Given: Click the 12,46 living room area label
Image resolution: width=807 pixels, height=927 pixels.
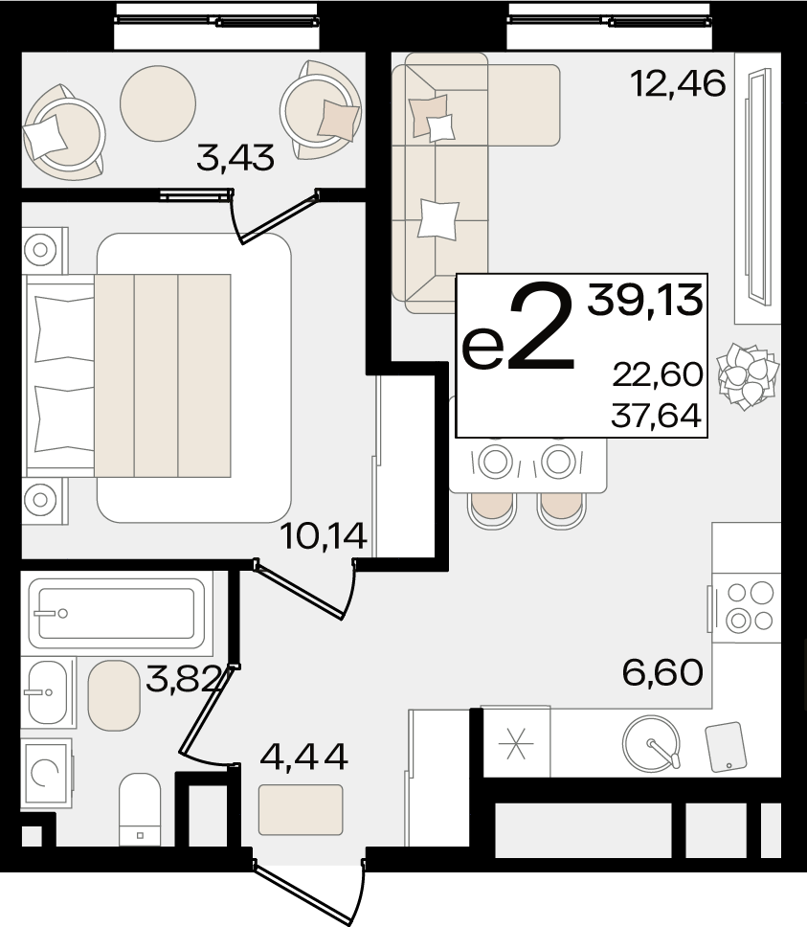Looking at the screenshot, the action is [x=678, y=83].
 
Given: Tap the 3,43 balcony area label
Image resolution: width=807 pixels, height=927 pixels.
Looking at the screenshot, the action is [x=235, y=158].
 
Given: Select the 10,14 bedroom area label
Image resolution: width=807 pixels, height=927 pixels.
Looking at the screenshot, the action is [x=325, y=536].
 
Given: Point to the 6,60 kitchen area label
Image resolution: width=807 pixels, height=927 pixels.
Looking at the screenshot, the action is [x=662, y=672].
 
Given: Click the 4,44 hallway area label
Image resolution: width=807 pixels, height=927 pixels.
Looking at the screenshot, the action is [x=303, y=757].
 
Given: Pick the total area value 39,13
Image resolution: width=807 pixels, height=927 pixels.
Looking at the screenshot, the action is [x=645, y=301].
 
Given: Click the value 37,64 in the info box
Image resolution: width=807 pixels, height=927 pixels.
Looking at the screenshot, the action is [x=657, y=415].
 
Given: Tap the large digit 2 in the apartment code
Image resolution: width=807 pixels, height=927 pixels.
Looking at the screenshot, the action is [x=541, y=328].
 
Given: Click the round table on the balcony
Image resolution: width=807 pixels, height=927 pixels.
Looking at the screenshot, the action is [x=158, y=102].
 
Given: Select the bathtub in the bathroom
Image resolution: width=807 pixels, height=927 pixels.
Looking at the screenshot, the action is [x=117, y=614].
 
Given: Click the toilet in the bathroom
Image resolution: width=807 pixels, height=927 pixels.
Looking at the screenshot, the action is [x=140, y=809].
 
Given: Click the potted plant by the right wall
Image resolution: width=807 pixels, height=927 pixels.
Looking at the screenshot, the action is [x=747, y=376].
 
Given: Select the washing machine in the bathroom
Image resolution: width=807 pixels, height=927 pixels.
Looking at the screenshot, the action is [x=47, y=773].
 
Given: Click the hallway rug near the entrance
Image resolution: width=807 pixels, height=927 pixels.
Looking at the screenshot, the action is [x=301, y=810].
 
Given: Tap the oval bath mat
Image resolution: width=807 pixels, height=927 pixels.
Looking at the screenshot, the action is [x=114, y=695].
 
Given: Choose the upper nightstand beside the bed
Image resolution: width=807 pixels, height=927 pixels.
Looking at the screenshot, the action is [x=44, y=250].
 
